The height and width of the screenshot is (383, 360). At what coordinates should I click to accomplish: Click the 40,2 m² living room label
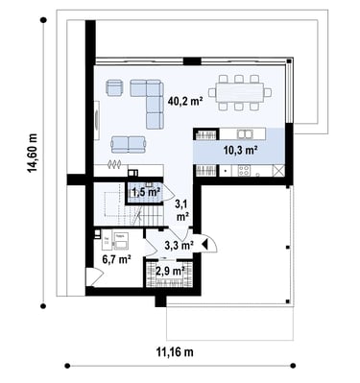[x=185, y=102]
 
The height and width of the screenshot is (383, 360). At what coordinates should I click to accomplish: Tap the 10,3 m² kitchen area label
[x=241, y=150]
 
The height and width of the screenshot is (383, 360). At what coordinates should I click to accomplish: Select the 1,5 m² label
[x=146, y=192]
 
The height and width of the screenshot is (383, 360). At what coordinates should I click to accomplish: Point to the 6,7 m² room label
[x=116, y=258]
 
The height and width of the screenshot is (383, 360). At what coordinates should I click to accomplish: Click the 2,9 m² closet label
[x=170, y=272]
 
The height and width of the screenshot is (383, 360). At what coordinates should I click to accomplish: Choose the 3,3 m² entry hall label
[x=179, y=246]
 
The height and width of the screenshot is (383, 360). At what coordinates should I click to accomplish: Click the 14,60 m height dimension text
[x=33, y=153]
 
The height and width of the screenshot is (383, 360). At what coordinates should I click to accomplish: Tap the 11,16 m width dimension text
[x=175, y=352]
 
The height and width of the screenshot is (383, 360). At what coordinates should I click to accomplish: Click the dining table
[x=240, y=92]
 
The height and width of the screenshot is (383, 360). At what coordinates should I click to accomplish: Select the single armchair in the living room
[x=114, y=87]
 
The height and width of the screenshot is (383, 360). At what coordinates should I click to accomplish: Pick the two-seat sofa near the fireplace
[x=129, y=144]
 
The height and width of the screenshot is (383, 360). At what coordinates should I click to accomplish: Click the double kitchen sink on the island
[x=245, y=133]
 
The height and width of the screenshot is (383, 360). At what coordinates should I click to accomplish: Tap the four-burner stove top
[x=244, y=170]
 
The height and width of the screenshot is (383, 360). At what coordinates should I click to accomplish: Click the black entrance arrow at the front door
[x=204, y=245]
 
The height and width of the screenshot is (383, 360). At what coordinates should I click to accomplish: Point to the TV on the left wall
[x=97, y=120]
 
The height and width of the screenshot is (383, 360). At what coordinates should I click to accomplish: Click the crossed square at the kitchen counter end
[x=278, y=171]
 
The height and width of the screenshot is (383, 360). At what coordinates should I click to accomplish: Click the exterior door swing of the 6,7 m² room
[x=94, y=275]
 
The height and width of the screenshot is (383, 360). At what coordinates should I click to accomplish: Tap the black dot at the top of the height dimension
[x=43, y=20]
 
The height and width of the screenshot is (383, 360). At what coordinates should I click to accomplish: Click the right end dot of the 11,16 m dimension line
[x=292, y=366]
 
